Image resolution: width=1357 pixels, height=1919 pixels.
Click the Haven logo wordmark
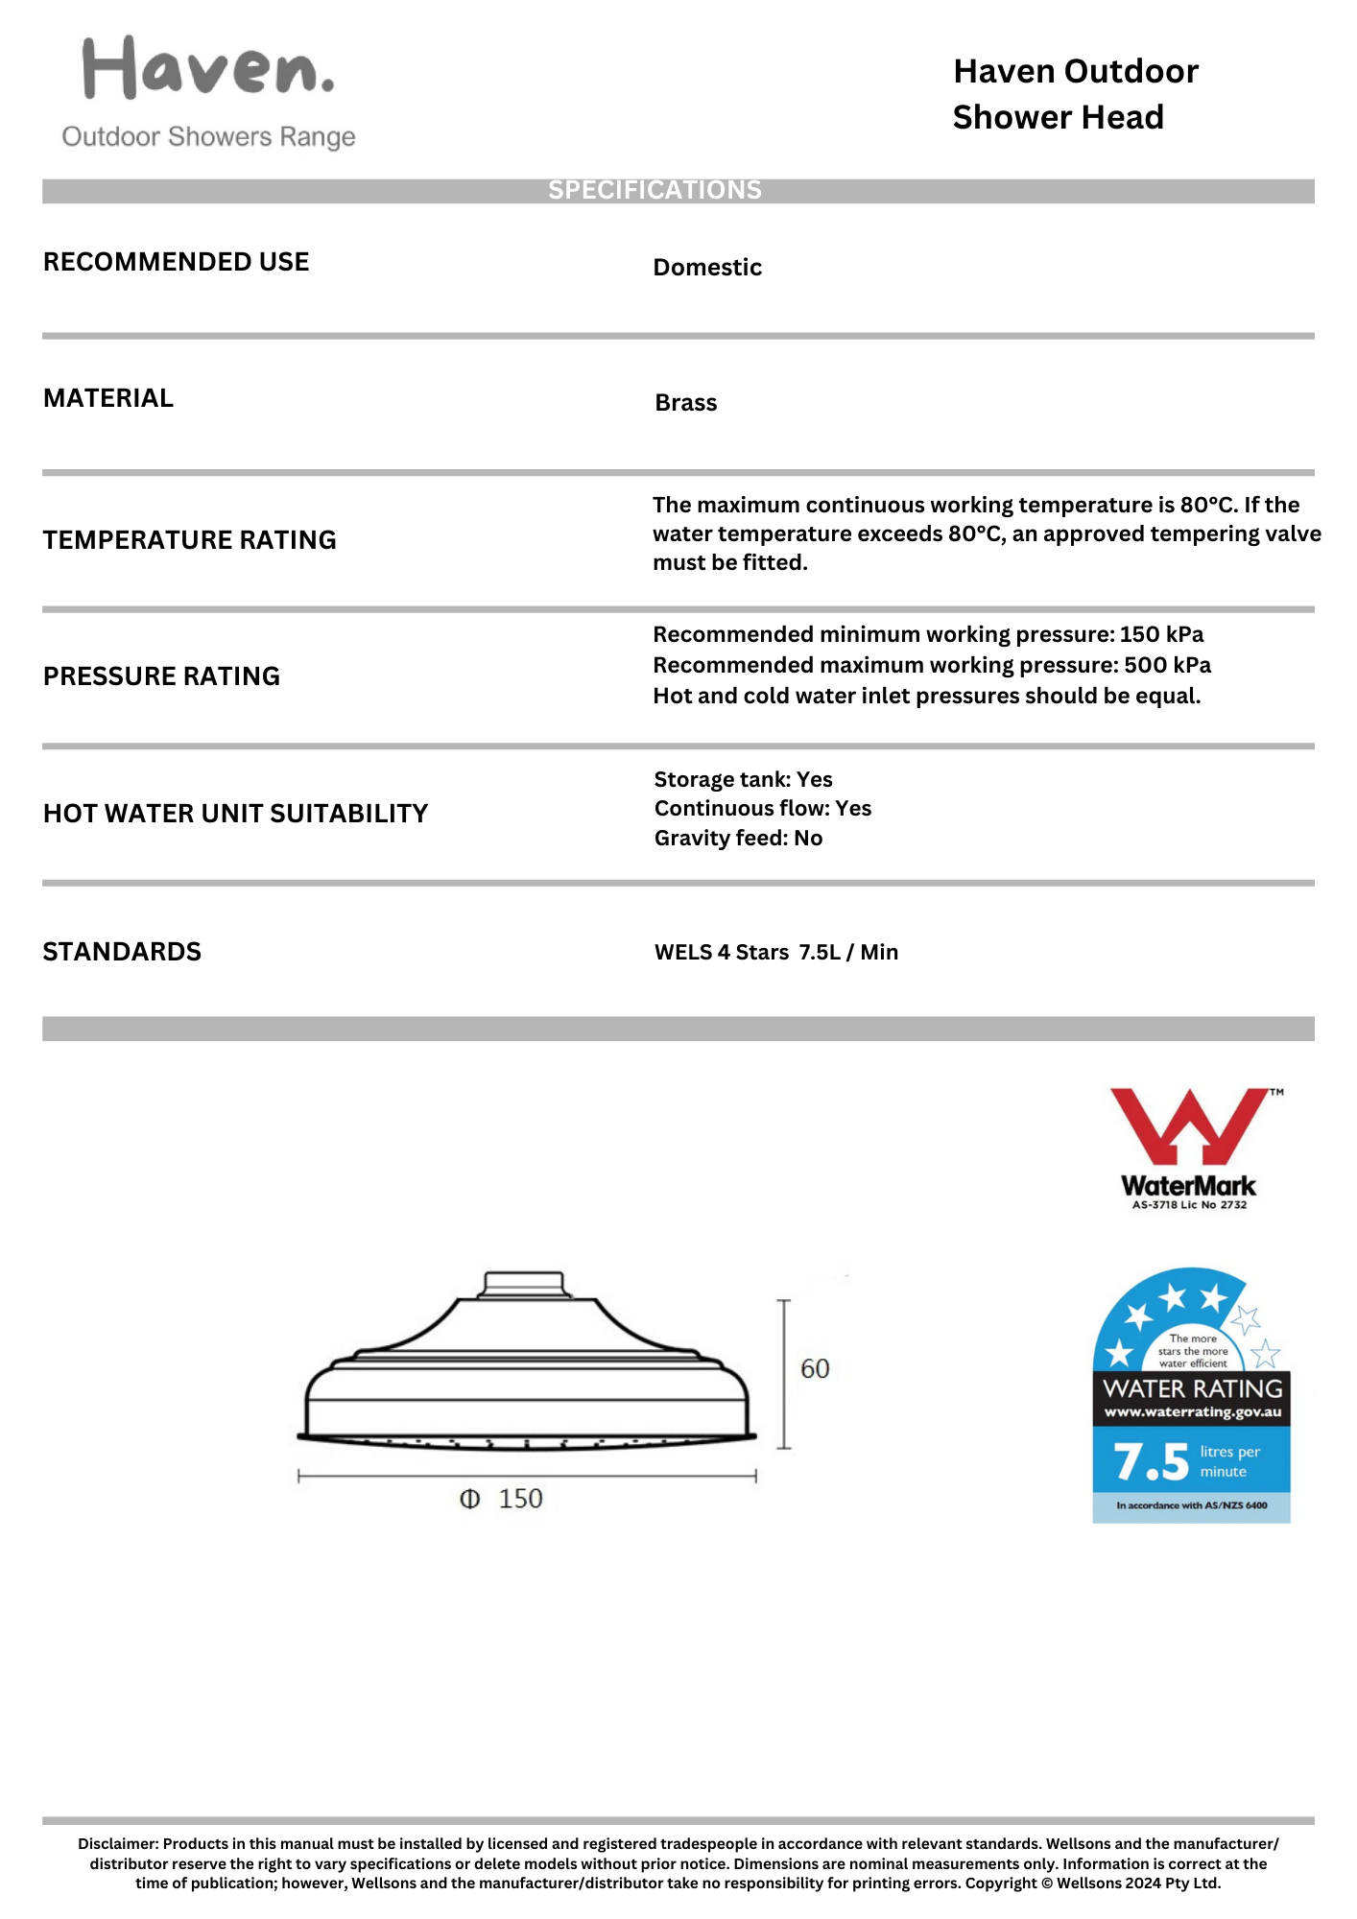(x=208, y=69)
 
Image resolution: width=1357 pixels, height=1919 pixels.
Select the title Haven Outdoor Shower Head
(x=1075, y=94)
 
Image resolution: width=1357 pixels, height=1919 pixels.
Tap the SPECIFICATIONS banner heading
(x=655, y=190)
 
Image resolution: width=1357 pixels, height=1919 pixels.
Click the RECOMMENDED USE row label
(x=176, y=262)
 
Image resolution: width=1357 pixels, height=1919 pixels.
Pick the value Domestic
(x=707, y=268)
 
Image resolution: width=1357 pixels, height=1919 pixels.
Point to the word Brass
(x=685, y=403)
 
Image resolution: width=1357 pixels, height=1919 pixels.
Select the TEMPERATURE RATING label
(x=189, y=540)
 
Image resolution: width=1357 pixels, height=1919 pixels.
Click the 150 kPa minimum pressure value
(x=1161, y=635)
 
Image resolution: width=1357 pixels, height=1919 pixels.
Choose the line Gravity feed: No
(x=738, y=839)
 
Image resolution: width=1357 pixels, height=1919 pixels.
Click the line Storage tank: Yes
(x=743, y=779)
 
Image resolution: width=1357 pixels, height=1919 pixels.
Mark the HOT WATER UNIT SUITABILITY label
(x=235, y=814)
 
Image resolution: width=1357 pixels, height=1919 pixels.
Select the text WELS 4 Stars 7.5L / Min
(x=775, y=953)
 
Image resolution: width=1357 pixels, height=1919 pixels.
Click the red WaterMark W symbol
(x=1189, y=1125)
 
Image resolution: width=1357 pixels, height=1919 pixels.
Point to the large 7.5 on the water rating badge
(x=1151, y=1462)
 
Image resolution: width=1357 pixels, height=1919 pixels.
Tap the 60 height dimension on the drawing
(x=815, y=1369)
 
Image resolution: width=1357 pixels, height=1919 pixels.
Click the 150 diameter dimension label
(x=520, y=1499)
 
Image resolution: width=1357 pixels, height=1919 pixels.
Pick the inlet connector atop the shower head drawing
(x=524, y=1284)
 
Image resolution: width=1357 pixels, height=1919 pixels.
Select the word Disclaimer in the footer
(x=117, y=1844)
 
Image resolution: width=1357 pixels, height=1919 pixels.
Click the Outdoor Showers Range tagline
(x=208, y=137)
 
